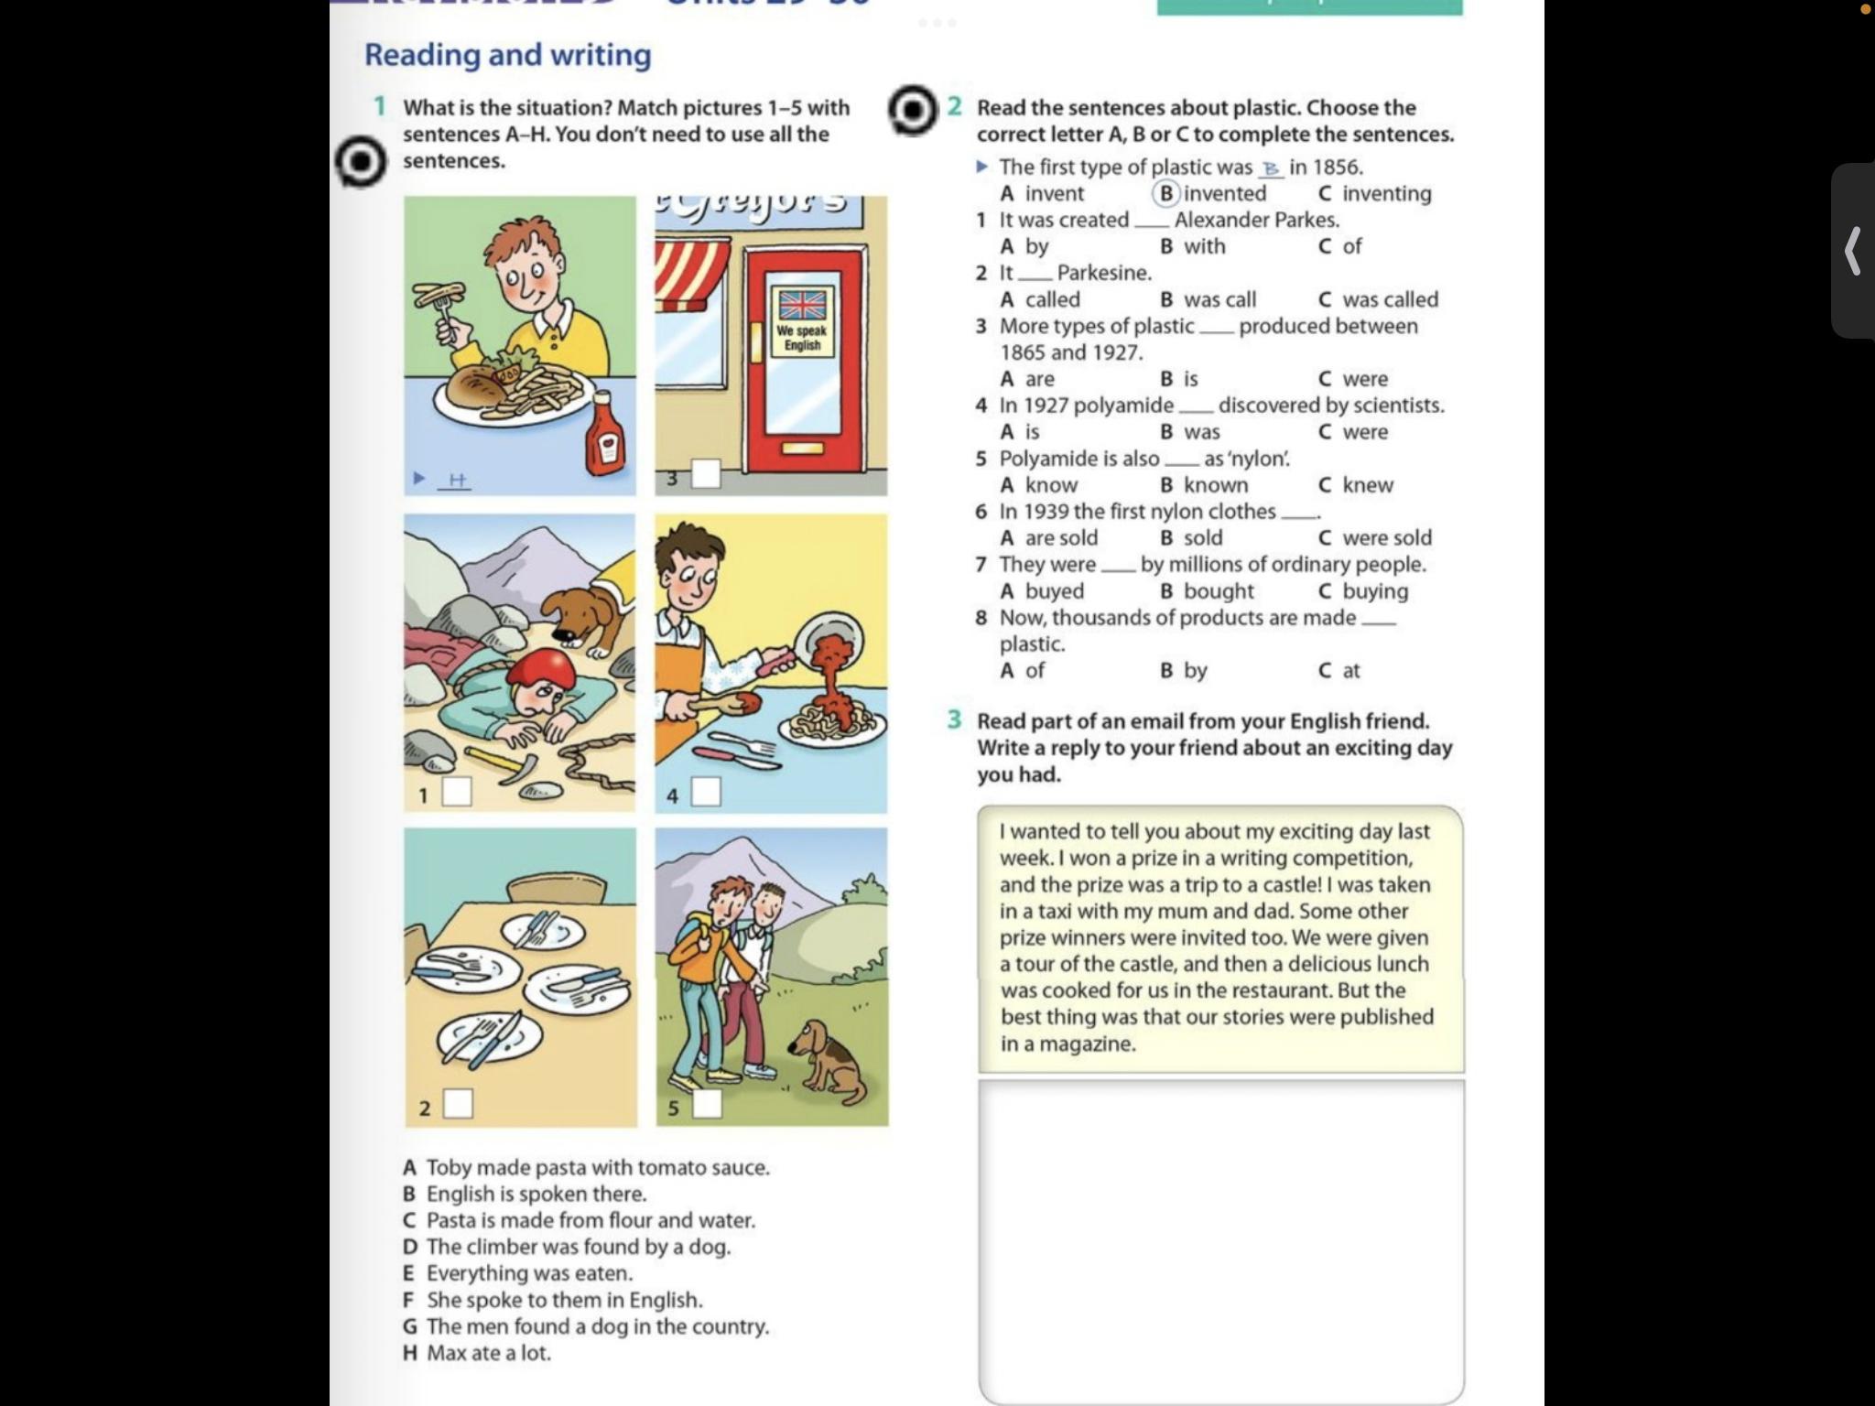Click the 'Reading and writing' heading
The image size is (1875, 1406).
(x=507, y=55)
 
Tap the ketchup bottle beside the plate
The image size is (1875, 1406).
(x=605, y=433)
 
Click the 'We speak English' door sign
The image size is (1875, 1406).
(x=802, y=336)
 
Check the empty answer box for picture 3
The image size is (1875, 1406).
(x=705, y=474)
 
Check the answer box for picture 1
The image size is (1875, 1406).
(x=457, y=792)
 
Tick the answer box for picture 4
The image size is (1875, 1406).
(x=705, y=792)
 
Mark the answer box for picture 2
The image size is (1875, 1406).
(x=458, y=1104)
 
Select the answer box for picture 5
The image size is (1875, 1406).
(x=706, y=1104)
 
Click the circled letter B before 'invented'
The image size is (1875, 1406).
(x=1166, y=193)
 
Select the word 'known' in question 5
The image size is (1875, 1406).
(x=1216, y=485)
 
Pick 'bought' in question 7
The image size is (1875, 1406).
(x=1219, y=591)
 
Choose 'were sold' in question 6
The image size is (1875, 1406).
(x=1386, y=538)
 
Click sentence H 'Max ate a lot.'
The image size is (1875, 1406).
(x=488, y=1353)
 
